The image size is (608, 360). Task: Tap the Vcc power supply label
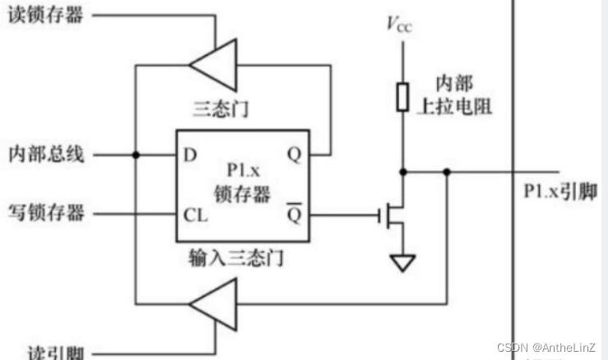[x=399, y=25]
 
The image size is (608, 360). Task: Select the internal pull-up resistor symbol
[x=403, y=96]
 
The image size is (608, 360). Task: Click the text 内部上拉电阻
[x=460, y=95]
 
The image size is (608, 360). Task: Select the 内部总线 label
[x=46, y=154]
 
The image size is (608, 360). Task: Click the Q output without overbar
[x=293, y=154]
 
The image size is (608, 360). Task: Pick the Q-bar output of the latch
[x=293, y=215]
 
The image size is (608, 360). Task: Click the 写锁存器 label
[x=46, y=214]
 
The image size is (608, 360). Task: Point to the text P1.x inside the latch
[x=242, y=171]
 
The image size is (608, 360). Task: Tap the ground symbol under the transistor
[x=403, y=263]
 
